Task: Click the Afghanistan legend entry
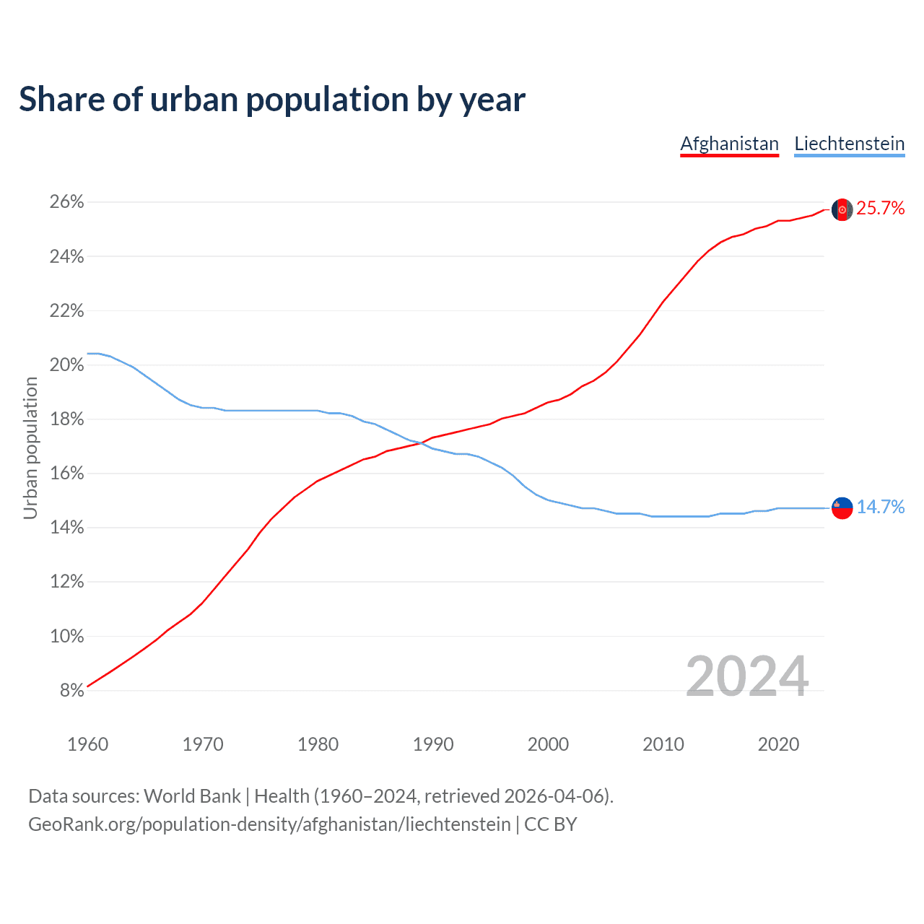coord(729,144)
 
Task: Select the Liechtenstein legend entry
coord(849,144)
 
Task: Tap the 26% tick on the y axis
coord(67,202)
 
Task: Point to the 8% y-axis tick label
coord(71,691)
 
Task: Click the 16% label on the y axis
coord(67,474)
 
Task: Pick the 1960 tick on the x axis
coord(87,744)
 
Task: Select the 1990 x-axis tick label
coord(433,744)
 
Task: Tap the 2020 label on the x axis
coord(778,744)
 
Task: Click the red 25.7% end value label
coord(880,209)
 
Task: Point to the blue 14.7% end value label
coord(880,507)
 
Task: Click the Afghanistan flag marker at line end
coord(842,209)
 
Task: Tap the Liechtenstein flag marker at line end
coord(842,508)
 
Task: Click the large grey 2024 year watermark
coord(746,676)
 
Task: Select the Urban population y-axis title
coord(30,448)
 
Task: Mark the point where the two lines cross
coord(423,442)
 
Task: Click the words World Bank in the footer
coord(192,796)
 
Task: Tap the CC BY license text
coord(550,824)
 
